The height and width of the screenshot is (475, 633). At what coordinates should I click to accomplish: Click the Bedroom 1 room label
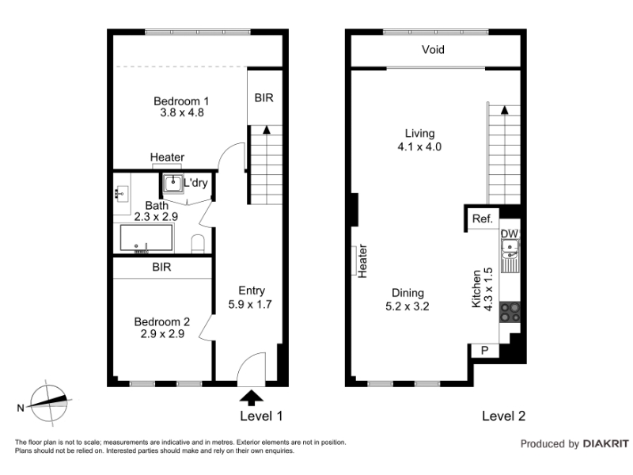pos(181,101)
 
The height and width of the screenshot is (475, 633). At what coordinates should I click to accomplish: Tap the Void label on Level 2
pos(433,50)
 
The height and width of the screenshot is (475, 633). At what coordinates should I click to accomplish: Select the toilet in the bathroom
pos(198,244)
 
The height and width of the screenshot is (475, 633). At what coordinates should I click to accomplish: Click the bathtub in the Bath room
pos(146,238)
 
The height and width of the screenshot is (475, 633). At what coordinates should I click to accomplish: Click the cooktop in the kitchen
pos(510,312)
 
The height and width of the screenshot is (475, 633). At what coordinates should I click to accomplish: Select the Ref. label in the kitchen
pos(483,218)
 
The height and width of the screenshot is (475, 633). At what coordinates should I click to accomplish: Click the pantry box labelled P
pos(485,350)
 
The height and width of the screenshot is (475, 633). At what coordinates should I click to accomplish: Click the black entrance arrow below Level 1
pos(252,397)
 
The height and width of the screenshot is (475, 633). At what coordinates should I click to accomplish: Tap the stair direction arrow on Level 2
pos(504,110)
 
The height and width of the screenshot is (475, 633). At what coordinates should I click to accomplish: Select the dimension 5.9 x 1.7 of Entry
pos(250,304)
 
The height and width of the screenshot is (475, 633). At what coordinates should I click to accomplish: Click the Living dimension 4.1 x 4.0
pos(419,146)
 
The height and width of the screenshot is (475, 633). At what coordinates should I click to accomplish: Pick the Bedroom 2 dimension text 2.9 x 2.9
pos(162,334)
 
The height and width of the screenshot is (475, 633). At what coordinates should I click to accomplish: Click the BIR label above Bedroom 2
pos(161,267)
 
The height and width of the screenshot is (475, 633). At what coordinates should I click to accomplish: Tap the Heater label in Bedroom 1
pos(167,157)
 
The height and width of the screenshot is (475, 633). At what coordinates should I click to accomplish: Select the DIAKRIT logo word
pos(606,444)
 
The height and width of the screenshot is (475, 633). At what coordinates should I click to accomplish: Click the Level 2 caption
pos(503,416)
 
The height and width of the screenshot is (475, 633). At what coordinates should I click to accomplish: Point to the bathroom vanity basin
pos(122,194)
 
